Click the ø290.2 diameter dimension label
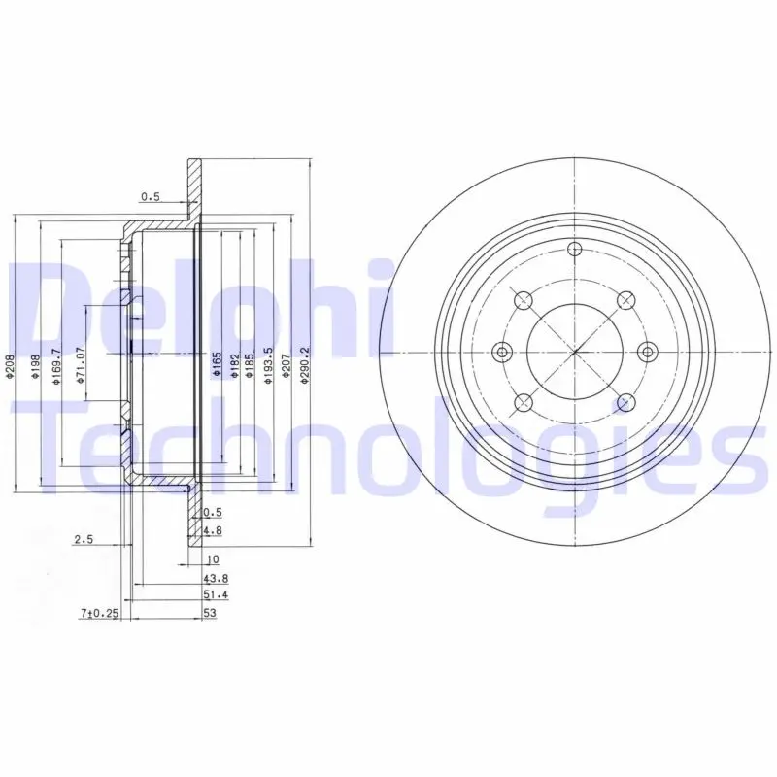click(305, 366)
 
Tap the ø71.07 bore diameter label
click(82, 366)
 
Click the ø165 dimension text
click(217, 365)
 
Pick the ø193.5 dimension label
click(269, 366)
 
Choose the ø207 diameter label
click(286, 366)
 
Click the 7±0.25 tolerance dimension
click(100, 614)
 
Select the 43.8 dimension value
click(216, 578)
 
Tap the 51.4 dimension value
click(216, 594)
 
